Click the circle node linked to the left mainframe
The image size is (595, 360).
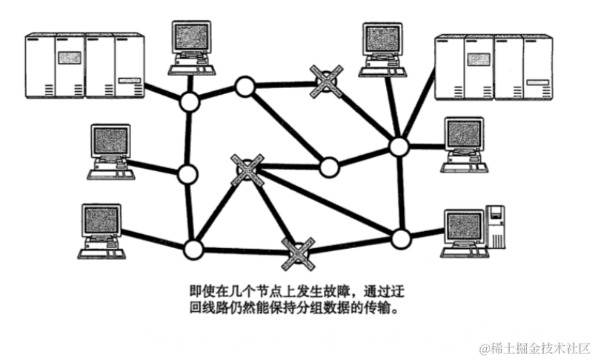tap(190, 102)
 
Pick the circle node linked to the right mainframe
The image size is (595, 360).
tap(399, 146)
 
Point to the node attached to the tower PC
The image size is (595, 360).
tap(400, 239)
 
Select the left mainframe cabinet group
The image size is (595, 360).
tap(83, 66)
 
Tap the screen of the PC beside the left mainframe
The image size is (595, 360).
tap(190, 37)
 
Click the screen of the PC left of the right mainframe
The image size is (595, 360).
tap(381, 40)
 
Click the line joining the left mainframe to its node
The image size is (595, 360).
tap(165, 92)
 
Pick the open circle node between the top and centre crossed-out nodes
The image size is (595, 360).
tap(328, 167)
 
